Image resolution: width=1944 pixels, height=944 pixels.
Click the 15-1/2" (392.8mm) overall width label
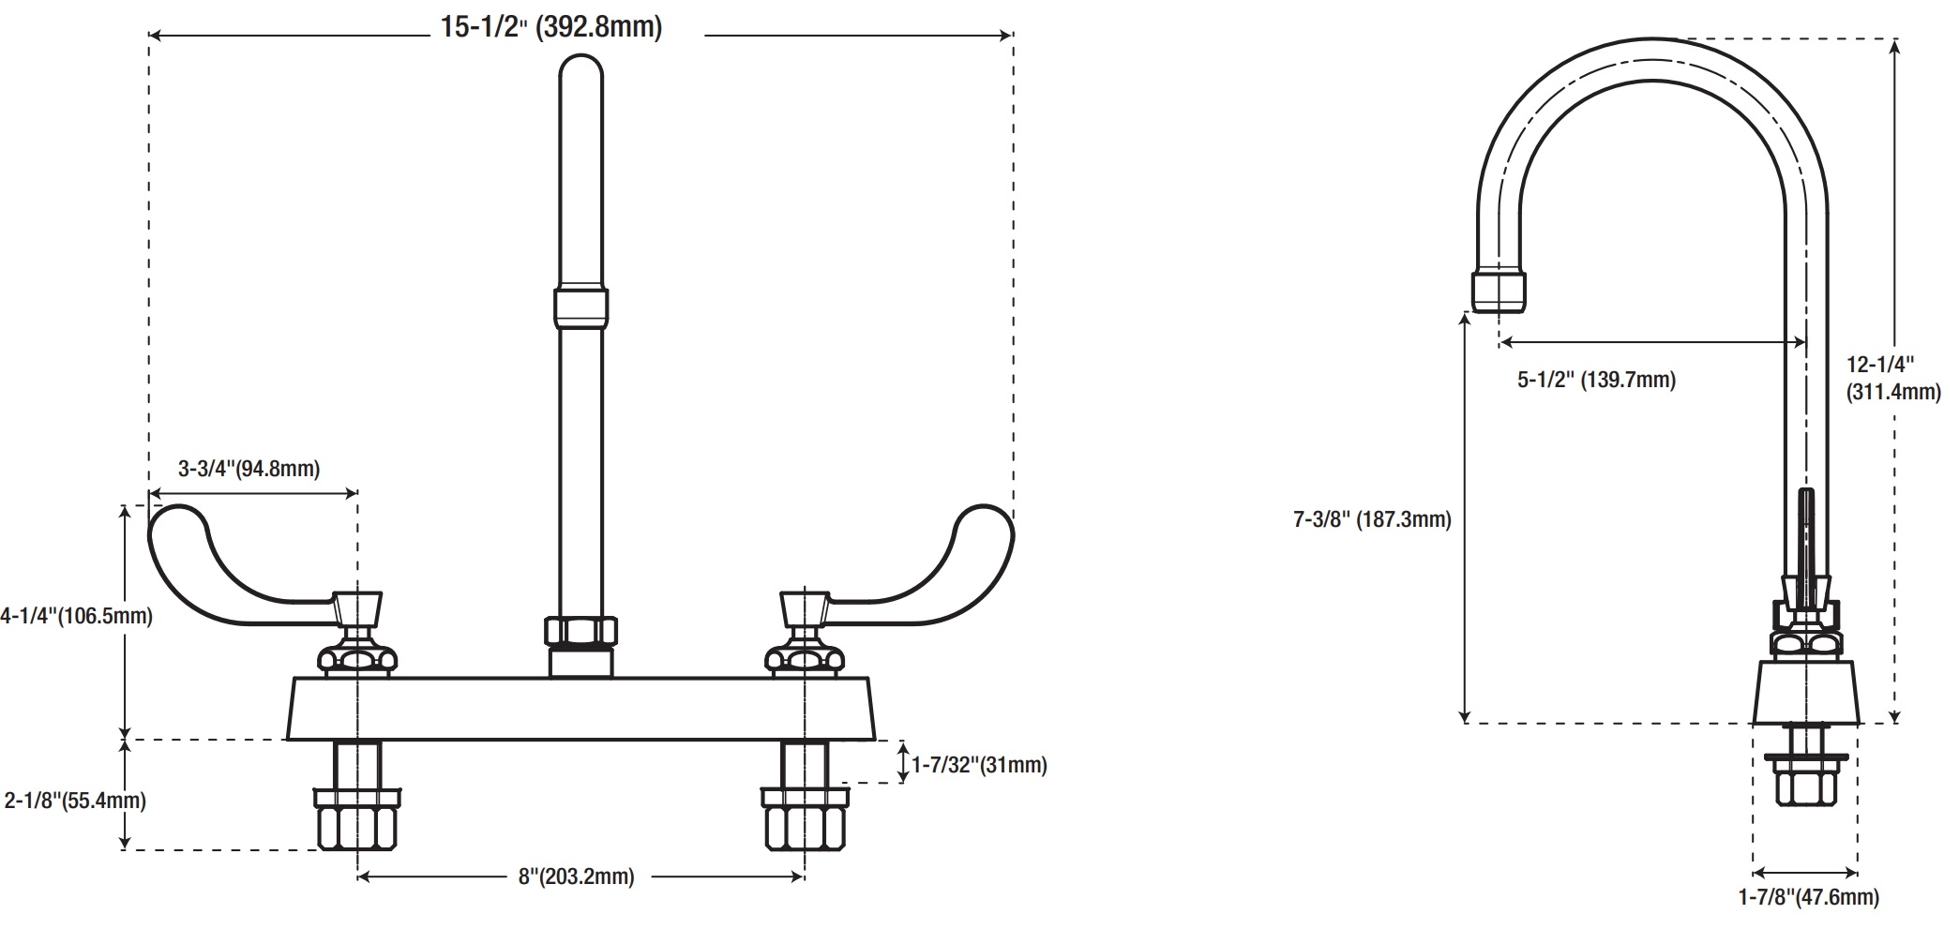(x=551, y=27)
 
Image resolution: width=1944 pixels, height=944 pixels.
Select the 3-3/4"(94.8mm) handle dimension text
(x=249, y=469)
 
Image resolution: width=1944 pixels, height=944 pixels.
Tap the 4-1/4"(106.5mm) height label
(x=77, y=616)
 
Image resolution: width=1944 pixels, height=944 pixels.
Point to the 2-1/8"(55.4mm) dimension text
(x=75, y=801)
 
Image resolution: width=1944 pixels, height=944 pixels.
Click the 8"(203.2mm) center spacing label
(x=576, y=877)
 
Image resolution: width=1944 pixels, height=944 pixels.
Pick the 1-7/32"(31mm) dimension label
(x=979, y=765)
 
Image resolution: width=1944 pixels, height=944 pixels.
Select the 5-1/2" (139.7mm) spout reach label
(x=1596, y=380)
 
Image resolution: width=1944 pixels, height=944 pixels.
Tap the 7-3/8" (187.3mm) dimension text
(x=1372, y=519)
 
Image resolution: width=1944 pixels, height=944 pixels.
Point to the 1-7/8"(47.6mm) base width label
(x=1809, y=897)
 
